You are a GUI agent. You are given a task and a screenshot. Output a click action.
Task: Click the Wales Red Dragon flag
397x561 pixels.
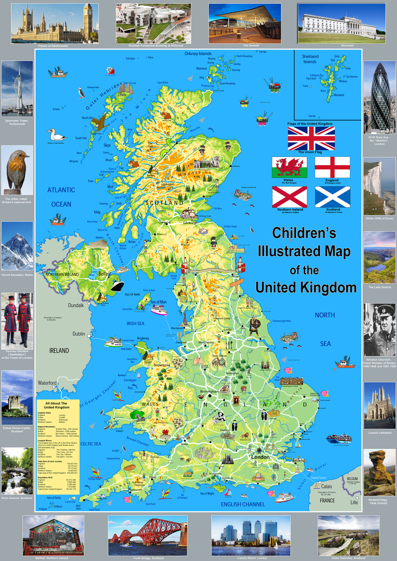coord(289,167)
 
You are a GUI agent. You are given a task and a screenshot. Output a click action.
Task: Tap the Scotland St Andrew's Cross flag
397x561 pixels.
coord(332,197)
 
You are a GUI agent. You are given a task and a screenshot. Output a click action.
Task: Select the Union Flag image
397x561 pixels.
coord(311,138)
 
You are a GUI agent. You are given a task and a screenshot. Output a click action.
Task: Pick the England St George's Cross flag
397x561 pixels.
coord(332,167)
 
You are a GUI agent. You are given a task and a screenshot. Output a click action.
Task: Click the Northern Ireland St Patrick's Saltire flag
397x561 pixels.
coord(289,197)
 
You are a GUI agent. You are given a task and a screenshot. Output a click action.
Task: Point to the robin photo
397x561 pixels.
coord(17,170)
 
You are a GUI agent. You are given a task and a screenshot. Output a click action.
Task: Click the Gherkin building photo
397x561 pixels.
coord(380,97)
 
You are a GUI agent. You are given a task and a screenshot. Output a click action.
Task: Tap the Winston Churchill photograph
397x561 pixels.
coord(380,330)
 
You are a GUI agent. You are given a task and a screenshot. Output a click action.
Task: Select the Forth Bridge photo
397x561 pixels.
coord(147,535)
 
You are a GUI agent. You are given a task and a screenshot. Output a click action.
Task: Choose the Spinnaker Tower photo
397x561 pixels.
coord(17,89)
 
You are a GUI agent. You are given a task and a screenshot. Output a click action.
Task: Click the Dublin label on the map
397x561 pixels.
coord(79,334)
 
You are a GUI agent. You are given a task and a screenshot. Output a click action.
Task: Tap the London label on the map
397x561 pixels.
coord(260,457)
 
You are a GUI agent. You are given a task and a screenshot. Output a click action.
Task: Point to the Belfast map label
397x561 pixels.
coord(104,274)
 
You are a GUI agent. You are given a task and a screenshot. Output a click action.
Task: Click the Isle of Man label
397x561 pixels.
coord(158,302)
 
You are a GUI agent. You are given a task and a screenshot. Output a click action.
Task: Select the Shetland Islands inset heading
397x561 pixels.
coord(310,59)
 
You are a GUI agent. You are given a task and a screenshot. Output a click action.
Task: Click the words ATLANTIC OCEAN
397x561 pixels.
coord(61,197)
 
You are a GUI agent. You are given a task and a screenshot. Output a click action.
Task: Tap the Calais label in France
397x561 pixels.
coord(326,486)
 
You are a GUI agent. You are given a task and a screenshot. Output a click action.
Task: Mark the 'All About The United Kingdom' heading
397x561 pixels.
coord(56,405)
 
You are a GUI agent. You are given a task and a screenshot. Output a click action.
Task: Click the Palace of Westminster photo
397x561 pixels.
coord(55,23)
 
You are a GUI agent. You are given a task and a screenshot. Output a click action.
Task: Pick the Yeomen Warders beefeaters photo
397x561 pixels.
coord(17,321)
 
